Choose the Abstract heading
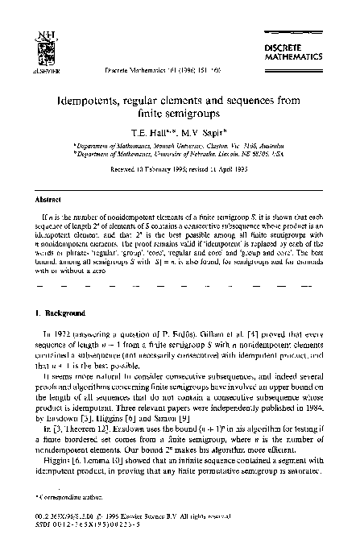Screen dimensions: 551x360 [43, 197]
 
